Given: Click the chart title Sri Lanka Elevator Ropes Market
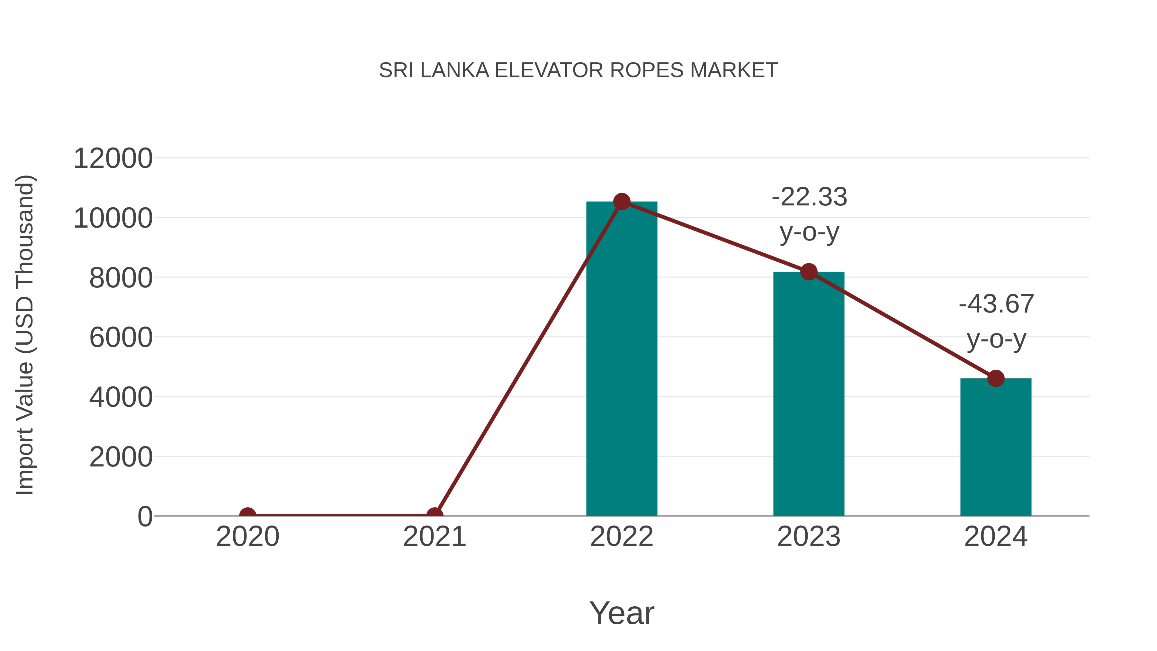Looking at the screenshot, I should [578, 70].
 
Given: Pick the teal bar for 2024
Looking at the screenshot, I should [996, 449].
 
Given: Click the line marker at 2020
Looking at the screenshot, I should [247, 515].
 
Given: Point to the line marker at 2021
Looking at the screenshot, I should [434, 515].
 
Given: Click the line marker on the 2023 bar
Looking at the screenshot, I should [809, 272].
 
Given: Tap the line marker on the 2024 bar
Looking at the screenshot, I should [996, 378].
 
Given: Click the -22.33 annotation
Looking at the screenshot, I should [809, 197].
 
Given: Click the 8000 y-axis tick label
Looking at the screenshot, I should [121, 278].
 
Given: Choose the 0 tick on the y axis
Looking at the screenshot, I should [145, 517].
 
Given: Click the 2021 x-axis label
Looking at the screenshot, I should [434, 537].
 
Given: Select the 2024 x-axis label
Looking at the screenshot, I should [996, 537].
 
